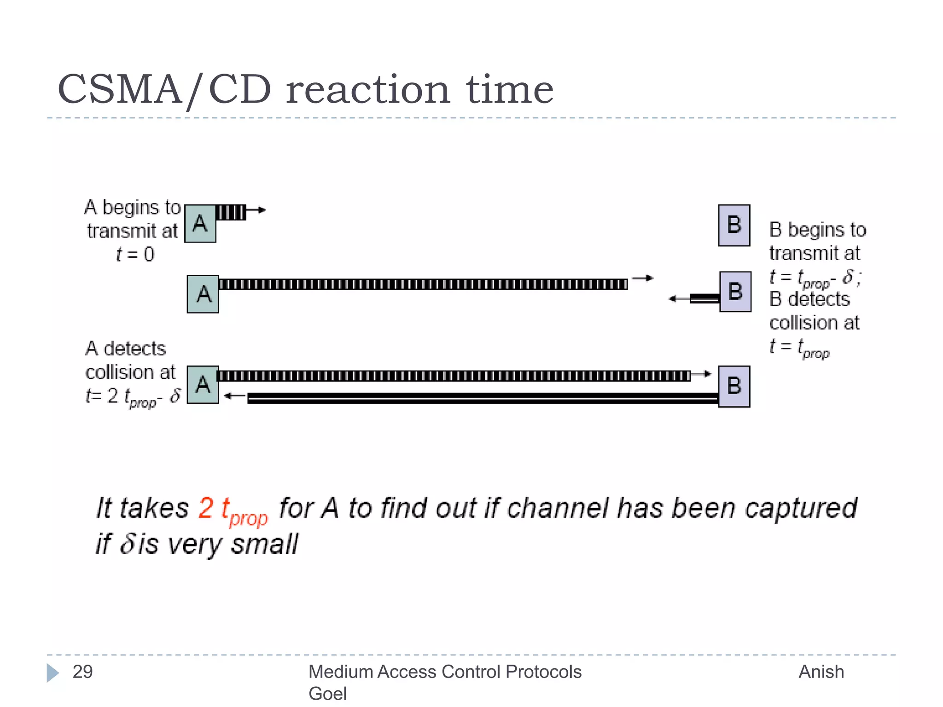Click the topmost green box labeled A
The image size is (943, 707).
click(200, 224)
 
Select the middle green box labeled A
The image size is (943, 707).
click(203, 294)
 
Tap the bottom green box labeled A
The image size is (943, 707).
click(203, 385)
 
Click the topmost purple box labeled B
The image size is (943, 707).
click(734, 225)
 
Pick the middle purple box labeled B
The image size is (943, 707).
click(735, 292)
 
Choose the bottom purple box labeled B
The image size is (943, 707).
click(734, 386)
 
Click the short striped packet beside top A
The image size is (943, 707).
click(231, 213)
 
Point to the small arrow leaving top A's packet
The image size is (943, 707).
click(257, 210)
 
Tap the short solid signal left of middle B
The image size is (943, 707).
click(704, 299)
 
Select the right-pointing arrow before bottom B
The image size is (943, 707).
click(701, 374)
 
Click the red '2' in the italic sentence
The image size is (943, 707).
click(206, 508)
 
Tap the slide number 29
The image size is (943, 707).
click(83, 672)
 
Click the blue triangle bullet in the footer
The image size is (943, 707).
click(52, 672)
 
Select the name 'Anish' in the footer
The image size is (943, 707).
click(821, 672)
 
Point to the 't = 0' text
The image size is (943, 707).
click(135, 255)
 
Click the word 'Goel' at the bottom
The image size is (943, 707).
click(327, 694)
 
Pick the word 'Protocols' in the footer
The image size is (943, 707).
click(543, 672)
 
